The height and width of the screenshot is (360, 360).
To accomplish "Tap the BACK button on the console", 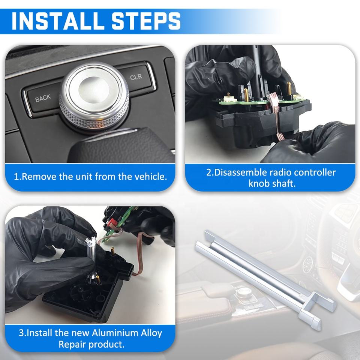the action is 43,98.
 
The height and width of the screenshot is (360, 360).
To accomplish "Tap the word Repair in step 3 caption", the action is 72,344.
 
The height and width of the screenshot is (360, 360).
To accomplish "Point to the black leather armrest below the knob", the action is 121,147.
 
